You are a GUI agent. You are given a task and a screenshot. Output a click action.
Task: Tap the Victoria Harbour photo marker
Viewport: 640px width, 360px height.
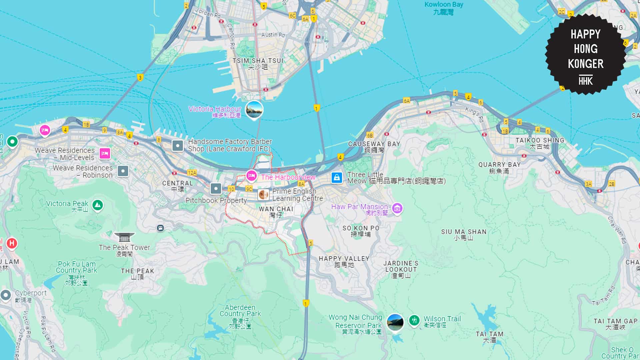(x=254, y=109)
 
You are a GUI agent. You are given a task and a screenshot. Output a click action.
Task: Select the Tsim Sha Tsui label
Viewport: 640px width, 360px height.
(x=258, y=63)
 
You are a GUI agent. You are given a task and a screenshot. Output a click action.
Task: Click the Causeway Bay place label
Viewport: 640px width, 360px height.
(x=374, y=147)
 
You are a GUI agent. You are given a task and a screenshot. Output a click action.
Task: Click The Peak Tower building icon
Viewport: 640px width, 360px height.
(x=124, y=237)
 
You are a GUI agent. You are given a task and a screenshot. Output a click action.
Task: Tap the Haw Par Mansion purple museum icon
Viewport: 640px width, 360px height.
(x=397, y=209)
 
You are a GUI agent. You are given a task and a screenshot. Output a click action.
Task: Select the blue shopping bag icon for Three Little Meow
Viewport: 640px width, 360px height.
(x=337, y=177)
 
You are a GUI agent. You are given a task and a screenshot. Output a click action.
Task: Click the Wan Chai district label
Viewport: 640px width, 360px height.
(x=276, y=212)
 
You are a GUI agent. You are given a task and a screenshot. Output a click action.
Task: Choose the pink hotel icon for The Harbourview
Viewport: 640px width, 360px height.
(x=251, y=176)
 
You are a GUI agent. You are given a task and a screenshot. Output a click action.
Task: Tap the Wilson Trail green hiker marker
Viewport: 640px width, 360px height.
(x=414, y=321)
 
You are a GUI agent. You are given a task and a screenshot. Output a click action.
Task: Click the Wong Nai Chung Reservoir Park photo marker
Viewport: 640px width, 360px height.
(x=395, y=322)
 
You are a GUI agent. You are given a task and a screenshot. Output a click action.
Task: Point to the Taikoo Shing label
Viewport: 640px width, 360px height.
(x=540, y=143)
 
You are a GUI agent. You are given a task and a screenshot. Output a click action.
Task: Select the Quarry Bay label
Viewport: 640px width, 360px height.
(x=499, y=167)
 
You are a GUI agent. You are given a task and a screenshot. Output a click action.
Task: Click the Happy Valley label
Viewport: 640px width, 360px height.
(x=344, y=261)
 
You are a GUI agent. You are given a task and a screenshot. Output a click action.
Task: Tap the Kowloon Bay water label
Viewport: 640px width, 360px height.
(x=444, y=8)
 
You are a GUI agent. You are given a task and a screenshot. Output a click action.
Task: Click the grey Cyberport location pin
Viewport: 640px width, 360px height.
(x=6, y=295)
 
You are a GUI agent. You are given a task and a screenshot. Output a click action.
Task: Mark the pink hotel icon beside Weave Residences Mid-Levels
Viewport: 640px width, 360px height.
(x=105, y=153)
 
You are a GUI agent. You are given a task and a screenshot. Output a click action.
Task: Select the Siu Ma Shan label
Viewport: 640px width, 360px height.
(x=464, y=234)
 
